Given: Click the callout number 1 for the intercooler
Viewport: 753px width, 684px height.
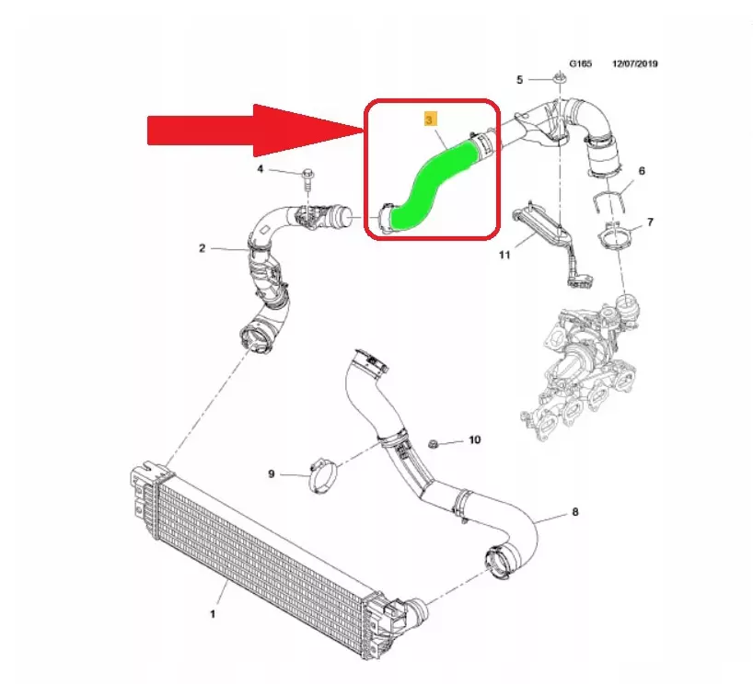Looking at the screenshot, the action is (213, 613).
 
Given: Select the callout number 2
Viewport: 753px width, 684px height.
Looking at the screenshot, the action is (203, 248).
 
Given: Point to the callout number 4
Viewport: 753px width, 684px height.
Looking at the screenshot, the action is (261, 169).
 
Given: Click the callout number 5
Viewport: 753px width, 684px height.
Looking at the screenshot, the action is (519, 80).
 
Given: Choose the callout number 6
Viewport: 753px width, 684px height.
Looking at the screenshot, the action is (642, 171).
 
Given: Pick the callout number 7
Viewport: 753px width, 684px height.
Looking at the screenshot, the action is (650, 222).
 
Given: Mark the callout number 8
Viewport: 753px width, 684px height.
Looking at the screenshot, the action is (575, 512).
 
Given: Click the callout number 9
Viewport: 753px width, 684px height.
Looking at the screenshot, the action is (272, 473).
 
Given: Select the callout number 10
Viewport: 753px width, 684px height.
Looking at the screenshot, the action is (474, 439).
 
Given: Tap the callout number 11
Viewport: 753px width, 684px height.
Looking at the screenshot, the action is (504, 255).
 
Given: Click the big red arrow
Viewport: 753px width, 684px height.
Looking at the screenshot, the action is (254, 130).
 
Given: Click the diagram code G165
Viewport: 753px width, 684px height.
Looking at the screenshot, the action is (581, 63).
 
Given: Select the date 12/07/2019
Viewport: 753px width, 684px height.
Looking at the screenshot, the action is (635, 63).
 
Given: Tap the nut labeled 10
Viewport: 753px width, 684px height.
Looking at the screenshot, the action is (433, 444).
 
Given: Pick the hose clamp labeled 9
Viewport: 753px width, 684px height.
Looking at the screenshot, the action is (323, 476).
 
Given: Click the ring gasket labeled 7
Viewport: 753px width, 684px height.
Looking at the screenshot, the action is (615, 236).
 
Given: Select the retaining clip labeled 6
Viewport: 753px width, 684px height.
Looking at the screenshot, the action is (607, 200).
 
